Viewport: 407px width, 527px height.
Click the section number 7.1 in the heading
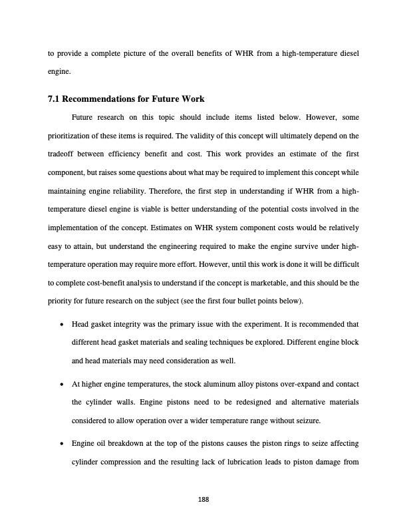pos(55,100)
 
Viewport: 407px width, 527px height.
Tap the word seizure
pos(320,420)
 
